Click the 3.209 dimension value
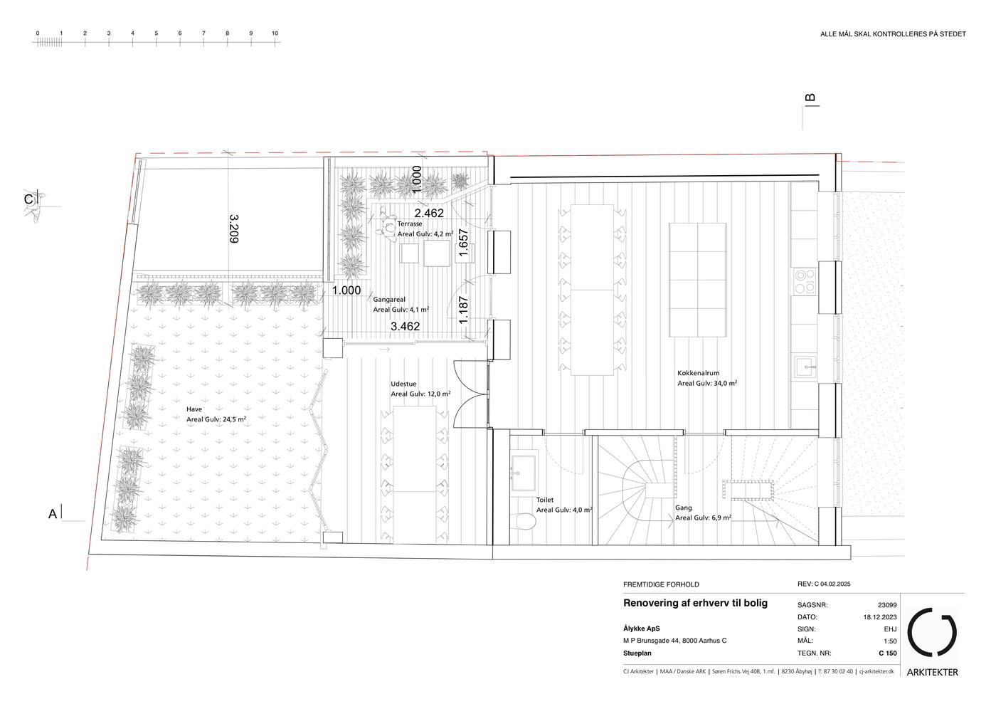[x=234, y=228]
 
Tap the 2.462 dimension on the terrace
[x=429, y=213]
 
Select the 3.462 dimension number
[x=405, y=326]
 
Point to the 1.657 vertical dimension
[x=463, y=243]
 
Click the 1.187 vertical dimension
[x=463, y=310]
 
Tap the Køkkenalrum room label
[x=698, y=373]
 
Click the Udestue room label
[x=404, y=384]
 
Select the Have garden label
[x=194, y=409]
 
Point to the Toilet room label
[x=545, y=500]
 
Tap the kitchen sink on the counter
[x=805, y=367]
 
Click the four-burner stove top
[x=805, y=281]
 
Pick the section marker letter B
[x=810, y=98]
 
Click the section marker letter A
[x=53, y=514]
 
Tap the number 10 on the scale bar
[x=275, y=33]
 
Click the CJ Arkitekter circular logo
[x=932, y=632]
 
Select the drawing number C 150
[x=888, y=653]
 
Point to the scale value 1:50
[x=890, y=641]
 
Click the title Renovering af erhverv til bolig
[x=696, y=603]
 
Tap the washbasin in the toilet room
[x=524, y=473]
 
